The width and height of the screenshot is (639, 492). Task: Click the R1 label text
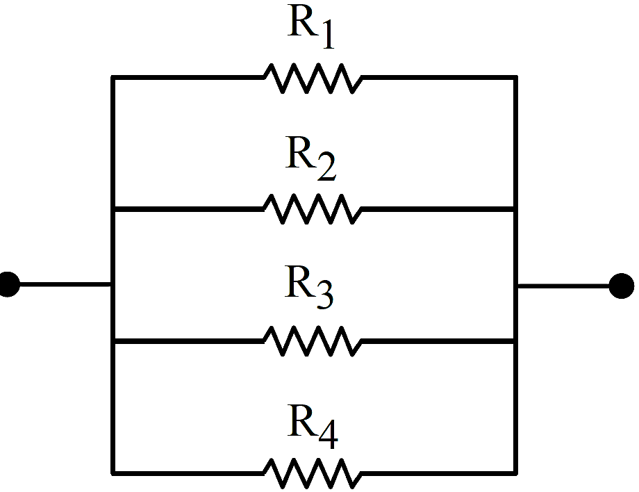pyautogui.click(x=311, y=26)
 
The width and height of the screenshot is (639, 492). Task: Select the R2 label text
pyautogui.click(x=310, y=158)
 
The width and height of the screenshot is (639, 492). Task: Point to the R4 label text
pyautogui.click(x=313, y=427)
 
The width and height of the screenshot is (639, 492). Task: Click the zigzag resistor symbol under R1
pyautogui.click(x=313, y=79)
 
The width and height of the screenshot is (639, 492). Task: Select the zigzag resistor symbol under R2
pyautogui.click(x=313, y=208)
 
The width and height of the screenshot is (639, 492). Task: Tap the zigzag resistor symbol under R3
pyautogui.click(x=313, y=341)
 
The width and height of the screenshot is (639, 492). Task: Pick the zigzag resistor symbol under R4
pyautogui.click(x=313, y=473)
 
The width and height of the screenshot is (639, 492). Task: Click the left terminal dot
pyautogui.click(x=8, y=284)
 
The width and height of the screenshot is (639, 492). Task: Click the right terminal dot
pyautogui.click(x=622, y=286)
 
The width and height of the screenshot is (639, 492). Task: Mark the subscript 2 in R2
pyautogui.click(x=327, y=166)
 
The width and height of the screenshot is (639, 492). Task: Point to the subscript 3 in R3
pyautogui.click(x=325, y=295)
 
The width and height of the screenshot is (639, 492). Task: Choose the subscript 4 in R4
pyautogui.click(x=329, y=434)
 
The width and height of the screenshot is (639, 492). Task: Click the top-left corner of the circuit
pyautogui.click(x=113, y=77)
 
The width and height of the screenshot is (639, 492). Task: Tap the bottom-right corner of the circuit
pyautogui.click(x=515, y=473)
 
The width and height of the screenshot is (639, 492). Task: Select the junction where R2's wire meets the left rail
pyautogui.click(x=113, y=209)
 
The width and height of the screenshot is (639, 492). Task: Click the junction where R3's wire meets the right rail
pyautogui.click(x=515, y=341)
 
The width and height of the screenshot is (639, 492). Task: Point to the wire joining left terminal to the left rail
pyautogui.click(x=65, y=284)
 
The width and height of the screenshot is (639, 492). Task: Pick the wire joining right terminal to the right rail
pyautogui.click(x=563, y=286)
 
